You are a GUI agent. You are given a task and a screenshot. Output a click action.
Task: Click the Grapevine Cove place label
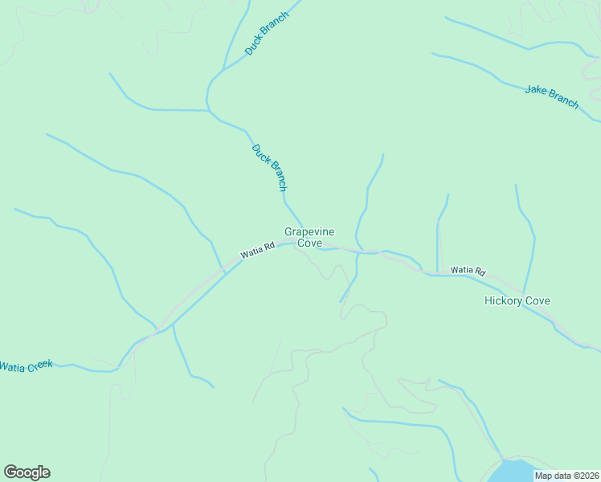tap(309, 237)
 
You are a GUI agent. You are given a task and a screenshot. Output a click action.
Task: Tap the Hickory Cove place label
tap(517, 301)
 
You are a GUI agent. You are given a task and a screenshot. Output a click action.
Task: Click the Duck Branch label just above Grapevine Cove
tap(268, 167)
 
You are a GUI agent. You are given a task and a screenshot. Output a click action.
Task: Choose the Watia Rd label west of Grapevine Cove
tap(257, 252)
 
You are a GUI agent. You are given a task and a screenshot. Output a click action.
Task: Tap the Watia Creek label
tap(26, 366)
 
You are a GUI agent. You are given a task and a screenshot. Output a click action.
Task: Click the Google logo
tap(27, 472)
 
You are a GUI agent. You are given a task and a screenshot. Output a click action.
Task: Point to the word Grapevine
tap(309, 231)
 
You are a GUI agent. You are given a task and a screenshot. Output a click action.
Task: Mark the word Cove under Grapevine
tap(309, 243)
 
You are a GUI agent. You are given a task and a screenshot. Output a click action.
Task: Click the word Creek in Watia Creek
tap(39, 365)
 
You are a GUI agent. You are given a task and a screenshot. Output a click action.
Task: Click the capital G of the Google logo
tap(10, 472)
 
